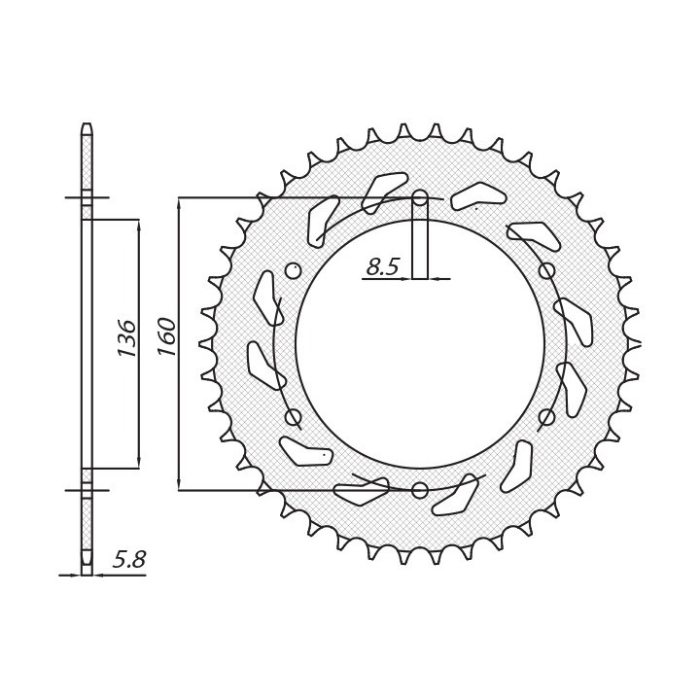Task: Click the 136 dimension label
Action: tap(126, 337)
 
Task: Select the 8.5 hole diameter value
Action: tap(382, 267)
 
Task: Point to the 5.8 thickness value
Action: tap(129, 559)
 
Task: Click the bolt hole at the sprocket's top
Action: tap(420, 196)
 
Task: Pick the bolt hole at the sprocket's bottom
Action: tap(420, 490)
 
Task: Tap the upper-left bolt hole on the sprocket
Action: tap(293, 270)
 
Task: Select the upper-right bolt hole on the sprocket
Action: tap(546, 270)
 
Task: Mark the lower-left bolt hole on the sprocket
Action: tap(293, 417)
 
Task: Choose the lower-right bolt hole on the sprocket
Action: tap(546, 417)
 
